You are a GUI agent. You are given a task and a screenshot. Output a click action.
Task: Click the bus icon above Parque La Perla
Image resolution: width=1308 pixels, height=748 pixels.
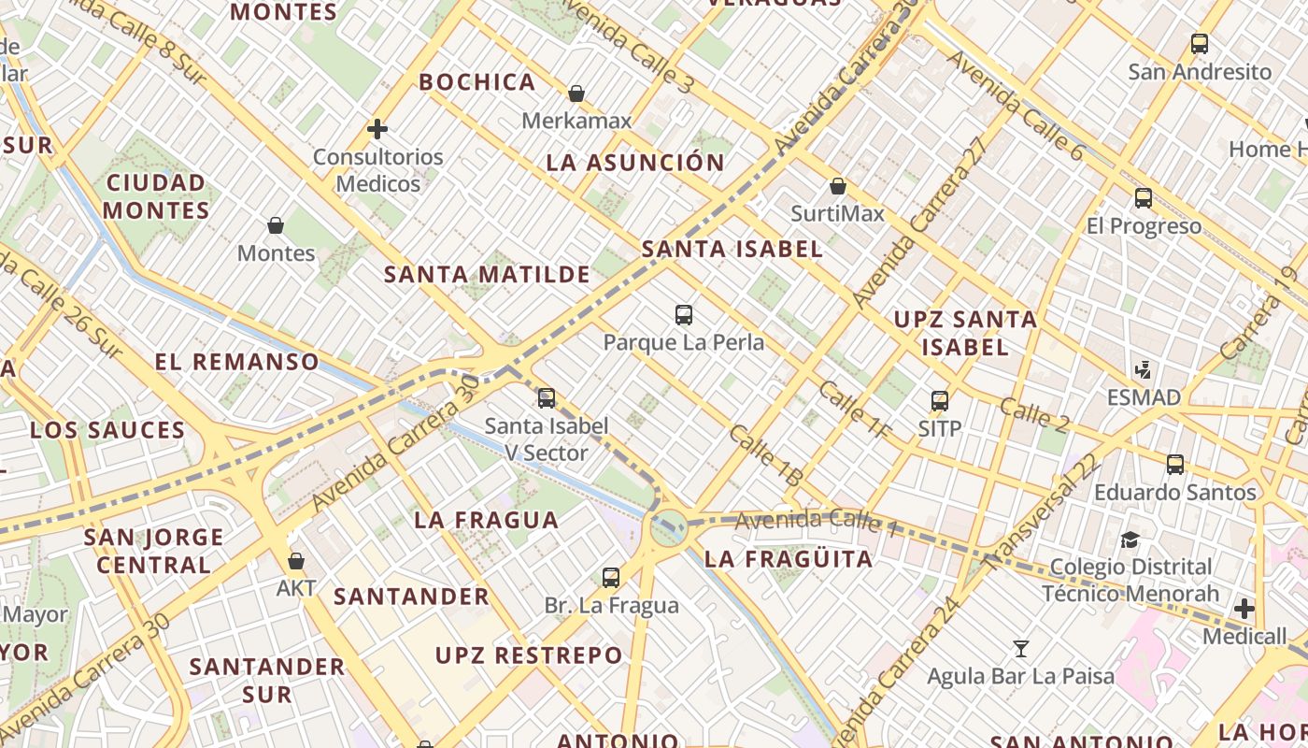tap(684, 315)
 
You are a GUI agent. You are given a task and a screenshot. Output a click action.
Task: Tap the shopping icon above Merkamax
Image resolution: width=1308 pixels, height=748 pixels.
tap(576, 93)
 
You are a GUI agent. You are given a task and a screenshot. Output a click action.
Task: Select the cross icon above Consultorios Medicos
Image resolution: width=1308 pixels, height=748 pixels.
tap(377, 129)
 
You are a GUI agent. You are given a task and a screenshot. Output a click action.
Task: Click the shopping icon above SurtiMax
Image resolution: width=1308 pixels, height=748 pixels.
tap(838, 186)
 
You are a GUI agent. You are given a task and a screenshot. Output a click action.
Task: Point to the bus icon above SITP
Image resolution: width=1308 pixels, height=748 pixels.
tap(940, 401)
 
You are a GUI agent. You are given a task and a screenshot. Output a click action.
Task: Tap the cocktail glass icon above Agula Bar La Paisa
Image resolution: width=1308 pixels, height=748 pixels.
tap(1021, 648)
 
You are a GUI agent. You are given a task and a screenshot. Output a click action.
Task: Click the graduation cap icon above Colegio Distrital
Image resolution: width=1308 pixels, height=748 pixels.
tap(1130, 539)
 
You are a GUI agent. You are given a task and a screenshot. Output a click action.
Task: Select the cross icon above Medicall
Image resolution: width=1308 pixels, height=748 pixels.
tap(1244, 609)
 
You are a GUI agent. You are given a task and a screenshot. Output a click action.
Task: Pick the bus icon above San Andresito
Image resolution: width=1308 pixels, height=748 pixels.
tap(1200, 44)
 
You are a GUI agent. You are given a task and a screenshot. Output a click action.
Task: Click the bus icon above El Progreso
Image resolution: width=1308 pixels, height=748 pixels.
tap(1144, 198)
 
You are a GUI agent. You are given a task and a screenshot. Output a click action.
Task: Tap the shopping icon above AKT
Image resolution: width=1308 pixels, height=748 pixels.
tap(296, 561)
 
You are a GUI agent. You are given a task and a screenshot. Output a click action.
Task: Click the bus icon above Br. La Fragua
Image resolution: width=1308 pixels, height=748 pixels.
tap(611, 577)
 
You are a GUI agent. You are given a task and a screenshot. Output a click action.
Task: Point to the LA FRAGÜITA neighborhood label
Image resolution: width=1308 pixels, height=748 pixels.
tap(789, 559)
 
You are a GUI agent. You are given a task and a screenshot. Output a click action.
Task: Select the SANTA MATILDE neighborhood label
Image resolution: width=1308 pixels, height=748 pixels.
tap(487, 275)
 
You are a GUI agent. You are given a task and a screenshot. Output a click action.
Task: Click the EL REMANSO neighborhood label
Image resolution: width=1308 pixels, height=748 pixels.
tap(236, 362)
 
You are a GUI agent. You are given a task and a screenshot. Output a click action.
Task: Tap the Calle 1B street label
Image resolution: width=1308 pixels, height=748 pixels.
tap(766, 455)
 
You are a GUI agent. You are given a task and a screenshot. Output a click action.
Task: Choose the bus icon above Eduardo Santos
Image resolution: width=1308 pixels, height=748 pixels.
tap(1175, 465)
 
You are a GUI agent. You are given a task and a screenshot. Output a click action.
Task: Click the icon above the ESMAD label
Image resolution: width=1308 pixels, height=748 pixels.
tap(1144, 369)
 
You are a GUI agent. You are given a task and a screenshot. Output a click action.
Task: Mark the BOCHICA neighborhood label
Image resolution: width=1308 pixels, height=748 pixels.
tap(476, 82)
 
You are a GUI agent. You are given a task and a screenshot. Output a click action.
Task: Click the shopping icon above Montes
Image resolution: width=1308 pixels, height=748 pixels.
tap(276, 225)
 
